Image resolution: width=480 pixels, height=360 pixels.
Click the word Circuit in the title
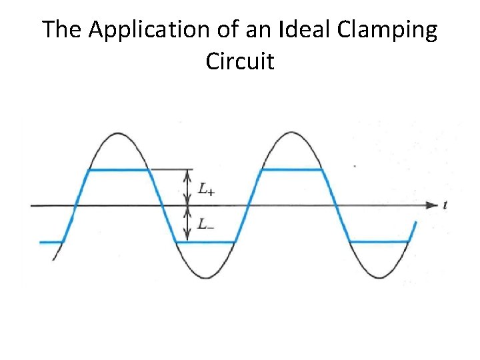(x=240, y=61)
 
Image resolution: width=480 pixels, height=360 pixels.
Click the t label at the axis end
(x=445, y=205)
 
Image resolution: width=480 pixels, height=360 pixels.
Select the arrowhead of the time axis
(x=432, y=205)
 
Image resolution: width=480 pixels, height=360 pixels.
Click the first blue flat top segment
(x=118, y=170)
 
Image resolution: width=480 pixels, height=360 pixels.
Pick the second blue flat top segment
(x=291, y=170)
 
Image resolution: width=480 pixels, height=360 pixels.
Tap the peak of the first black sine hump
(x=118, y=133)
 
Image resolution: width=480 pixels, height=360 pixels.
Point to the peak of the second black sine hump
(x=291, y=133)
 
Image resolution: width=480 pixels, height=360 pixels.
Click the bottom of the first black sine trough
(x=205, y=277)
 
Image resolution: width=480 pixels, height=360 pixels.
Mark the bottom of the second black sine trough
(x=379, y=277)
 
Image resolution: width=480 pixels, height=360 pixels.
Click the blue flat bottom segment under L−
(x=205, y=242)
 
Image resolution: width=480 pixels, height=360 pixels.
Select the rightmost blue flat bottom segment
(x=379, y=242)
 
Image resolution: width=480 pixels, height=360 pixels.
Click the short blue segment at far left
(x=51, y=242)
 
